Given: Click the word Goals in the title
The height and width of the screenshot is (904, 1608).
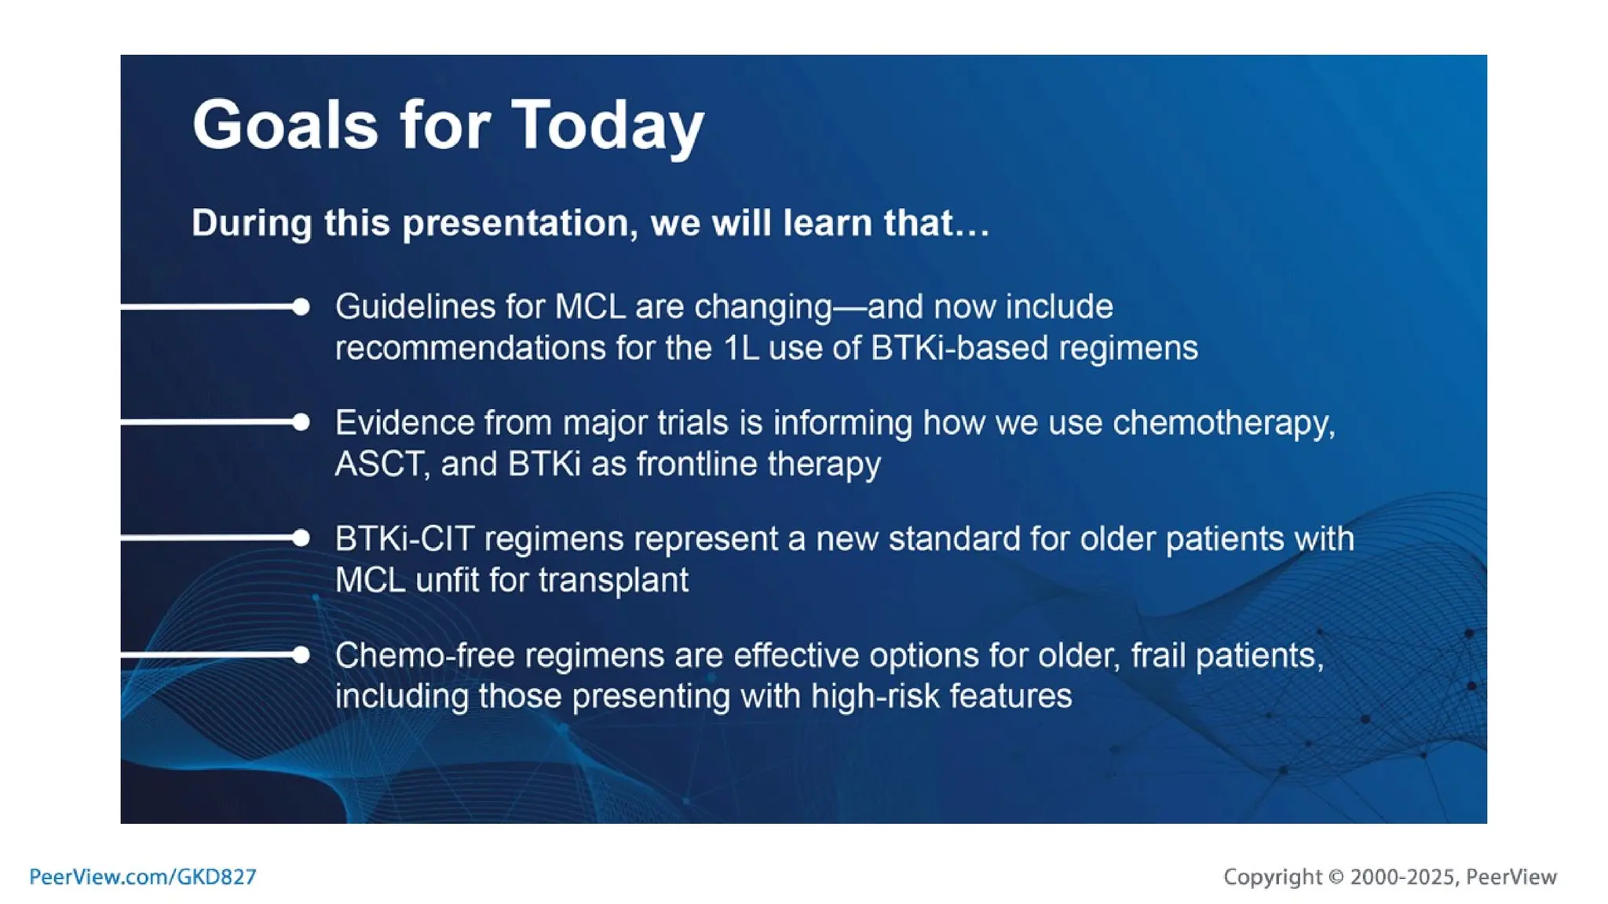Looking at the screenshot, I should coord(285,126).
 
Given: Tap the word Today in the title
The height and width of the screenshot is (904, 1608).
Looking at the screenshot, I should coord(608,126).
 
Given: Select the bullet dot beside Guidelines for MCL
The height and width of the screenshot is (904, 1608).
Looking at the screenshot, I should coord(301,307).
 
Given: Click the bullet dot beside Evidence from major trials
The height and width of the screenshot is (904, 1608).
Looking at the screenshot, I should coord(301,422).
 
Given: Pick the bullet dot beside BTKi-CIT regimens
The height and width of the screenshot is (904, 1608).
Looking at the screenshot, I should coord(301,538).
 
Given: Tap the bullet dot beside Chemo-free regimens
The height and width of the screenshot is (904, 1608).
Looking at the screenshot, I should coord(301,654).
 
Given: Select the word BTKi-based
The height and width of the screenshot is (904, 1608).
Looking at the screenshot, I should coord(959,348).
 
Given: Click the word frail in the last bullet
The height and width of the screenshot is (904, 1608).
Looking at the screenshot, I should coord(1158,655).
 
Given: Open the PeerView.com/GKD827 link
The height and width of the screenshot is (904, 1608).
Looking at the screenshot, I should coord(143,877).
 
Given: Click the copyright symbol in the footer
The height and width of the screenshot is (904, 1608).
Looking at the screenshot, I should coord(1336,877).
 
